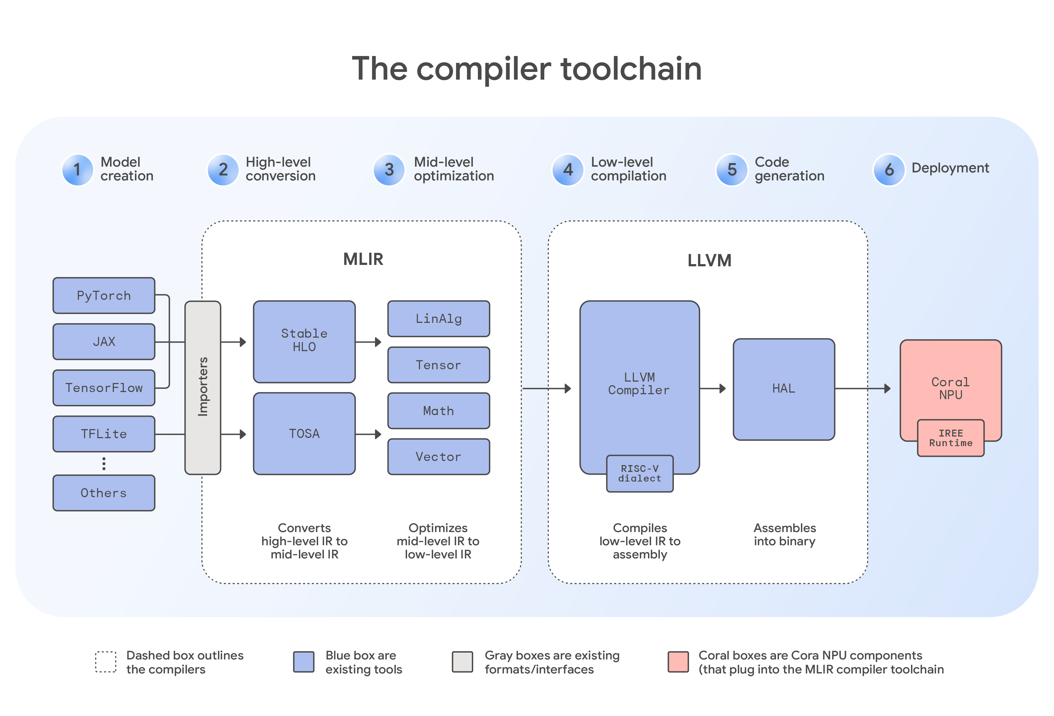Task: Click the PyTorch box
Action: click(104, 295)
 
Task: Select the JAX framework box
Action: click(104, 342)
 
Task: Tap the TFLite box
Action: click(104, 434)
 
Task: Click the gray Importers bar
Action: click(203, 387)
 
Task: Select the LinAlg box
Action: click(439, 318)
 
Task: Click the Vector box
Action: click(439, 457)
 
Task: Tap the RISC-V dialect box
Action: click(640, 474)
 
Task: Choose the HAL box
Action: click(784, 389)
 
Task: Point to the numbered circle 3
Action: click(389, 170)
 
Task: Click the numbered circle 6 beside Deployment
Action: click(889, 170)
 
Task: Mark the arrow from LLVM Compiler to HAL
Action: click(713, 388)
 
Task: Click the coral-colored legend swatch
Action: click(678, 662)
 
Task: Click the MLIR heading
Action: click(363, 259)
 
